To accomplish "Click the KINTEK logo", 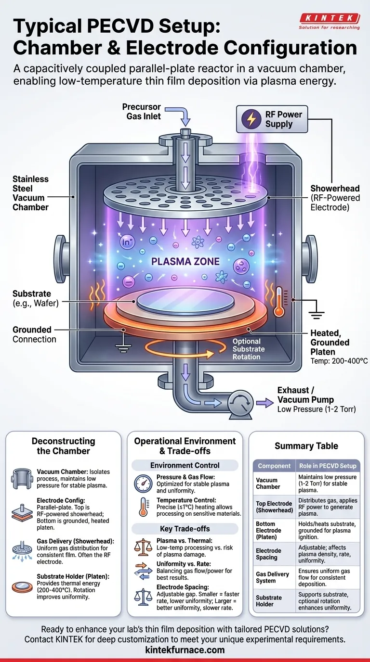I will click(329, 20).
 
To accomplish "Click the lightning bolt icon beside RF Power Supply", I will click(251, 119).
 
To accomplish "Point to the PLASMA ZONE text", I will click(185, 262).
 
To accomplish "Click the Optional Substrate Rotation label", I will click(246, 349).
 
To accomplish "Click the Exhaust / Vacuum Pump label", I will click(305, 395).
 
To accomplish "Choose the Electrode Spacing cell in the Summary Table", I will click(268, 554).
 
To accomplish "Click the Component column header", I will click(274, 466).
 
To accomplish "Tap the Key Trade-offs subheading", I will click(185, 529).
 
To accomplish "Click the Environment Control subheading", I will click(185, 465).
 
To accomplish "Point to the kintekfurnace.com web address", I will click(185, 650).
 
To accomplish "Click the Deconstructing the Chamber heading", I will click(64, 446).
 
